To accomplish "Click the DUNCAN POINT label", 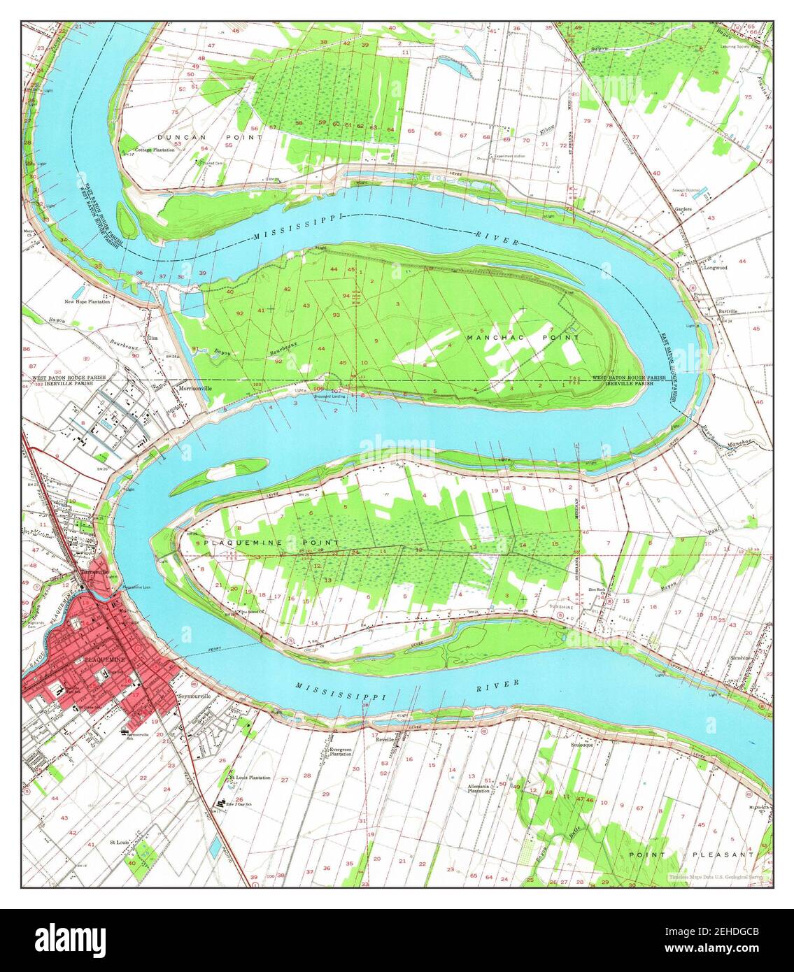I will [181, 137].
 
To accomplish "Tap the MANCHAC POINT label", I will [523, 338].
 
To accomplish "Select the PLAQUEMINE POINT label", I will [271, 543].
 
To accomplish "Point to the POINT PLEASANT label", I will [691, 855].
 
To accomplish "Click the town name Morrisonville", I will [194, 388].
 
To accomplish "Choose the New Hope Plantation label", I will [88, 302].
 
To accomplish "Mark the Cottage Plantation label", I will [155, 150].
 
